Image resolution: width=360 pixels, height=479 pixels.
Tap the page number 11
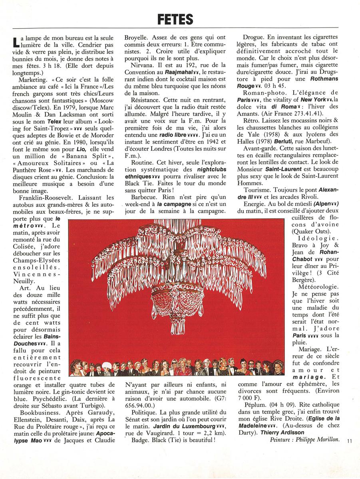(350, 441)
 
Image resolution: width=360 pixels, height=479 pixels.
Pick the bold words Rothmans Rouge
(272, 83)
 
